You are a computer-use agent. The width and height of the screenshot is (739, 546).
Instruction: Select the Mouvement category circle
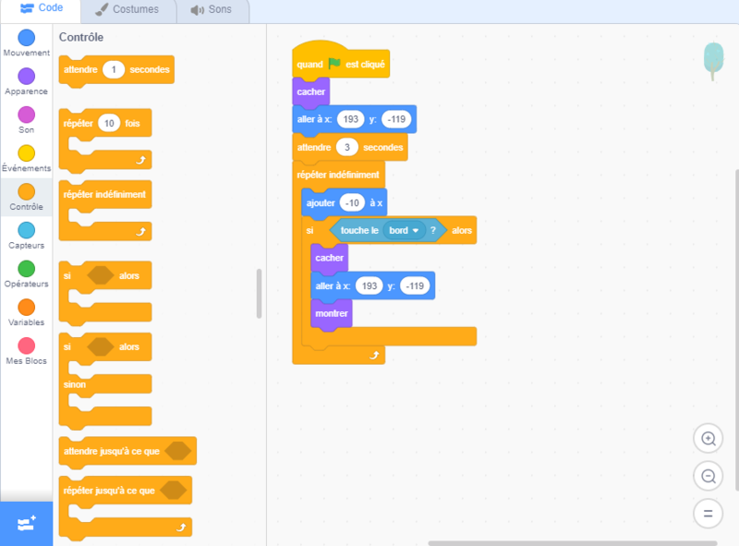(27, 37)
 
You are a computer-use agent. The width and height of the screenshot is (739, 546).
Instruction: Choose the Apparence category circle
(27, 76)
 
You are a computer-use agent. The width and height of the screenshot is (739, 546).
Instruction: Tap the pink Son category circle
(27, 115)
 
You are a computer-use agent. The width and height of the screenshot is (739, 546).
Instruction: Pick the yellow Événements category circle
(27, 152)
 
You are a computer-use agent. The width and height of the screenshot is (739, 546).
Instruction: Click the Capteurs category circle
(27, 230)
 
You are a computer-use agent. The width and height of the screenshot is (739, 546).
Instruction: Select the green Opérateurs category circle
(27, 268)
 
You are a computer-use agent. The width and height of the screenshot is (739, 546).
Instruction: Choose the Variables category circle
(27, 307)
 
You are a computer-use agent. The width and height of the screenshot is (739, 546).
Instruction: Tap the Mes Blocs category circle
(27, 345)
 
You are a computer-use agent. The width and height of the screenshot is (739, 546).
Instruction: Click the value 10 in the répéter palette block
(109, 124)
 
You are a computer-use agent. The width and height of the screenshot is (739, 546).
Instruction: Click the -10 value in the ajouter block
(352, 202)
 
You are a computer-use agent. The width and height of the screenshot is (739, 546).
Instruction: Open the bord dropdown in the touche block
(405, 230)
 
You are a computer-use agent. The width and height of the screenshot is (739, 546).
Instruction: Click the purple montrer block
(332, 314)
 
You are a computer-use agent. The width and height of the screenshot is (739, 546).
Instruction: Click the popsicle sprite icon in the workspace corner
(712, 57)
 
